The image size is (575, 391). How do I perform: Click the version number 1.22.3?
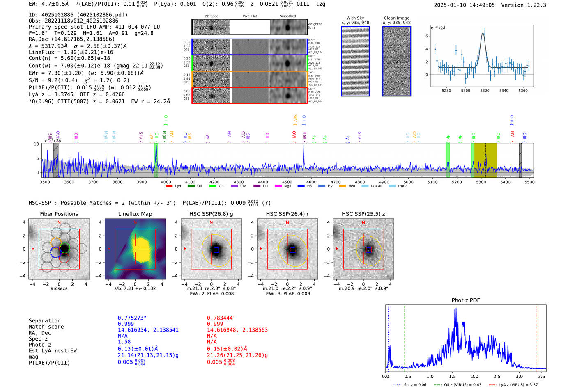tap(532, 5)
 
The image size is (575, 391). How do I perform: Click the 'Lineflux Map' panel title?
tap(135, 214)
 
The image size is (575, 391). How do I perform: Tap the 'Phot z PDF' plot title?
tap(465, 300)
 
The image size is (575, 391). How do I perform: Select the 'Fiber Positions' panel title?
tap(59, 214)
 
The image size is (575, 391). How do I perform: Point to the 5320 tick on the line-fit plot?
tap(485, 91)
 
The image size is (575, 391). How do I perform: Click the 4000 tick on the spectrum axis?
tap(166, 182)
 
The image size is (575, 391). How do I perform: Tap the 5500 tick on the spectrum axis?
tap(529, 182)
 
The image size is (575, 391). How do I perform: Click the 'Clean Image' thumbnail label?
tap(396, 18)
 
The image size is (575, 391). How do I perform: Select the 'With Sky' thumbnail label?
tap(355, 18)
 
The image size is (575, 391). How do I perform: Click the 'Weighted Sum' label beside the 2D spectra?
tap(315, 26)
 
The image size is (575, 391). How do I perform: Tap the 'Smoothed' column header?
tap(287, 16)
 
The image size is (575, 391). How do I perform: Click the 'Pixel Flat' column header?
tap(250, 16)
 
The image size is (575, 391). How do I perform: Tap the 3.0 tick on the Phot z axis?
tap(519, 376)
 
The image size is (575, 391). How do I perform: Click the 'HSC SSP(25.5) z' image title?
tap(363, 214)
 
